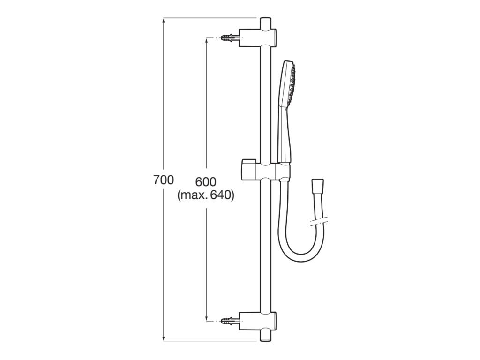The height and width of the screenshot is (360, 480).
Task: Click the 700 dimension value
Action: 164,180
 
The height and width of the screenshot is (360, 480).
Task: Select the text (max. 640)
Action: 206,195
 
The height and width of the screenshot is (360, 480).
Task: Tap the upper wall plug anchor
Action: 229,37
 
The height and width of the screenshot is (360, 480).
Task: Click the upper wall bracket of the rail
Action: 257,37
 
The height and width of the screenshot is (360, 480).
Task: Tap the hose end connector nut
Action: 317,185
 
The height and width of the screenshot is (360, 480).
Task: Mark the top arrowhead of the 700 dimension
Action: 164,20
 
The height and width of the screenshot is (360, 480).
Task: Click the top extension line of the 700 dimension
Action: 211,18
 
